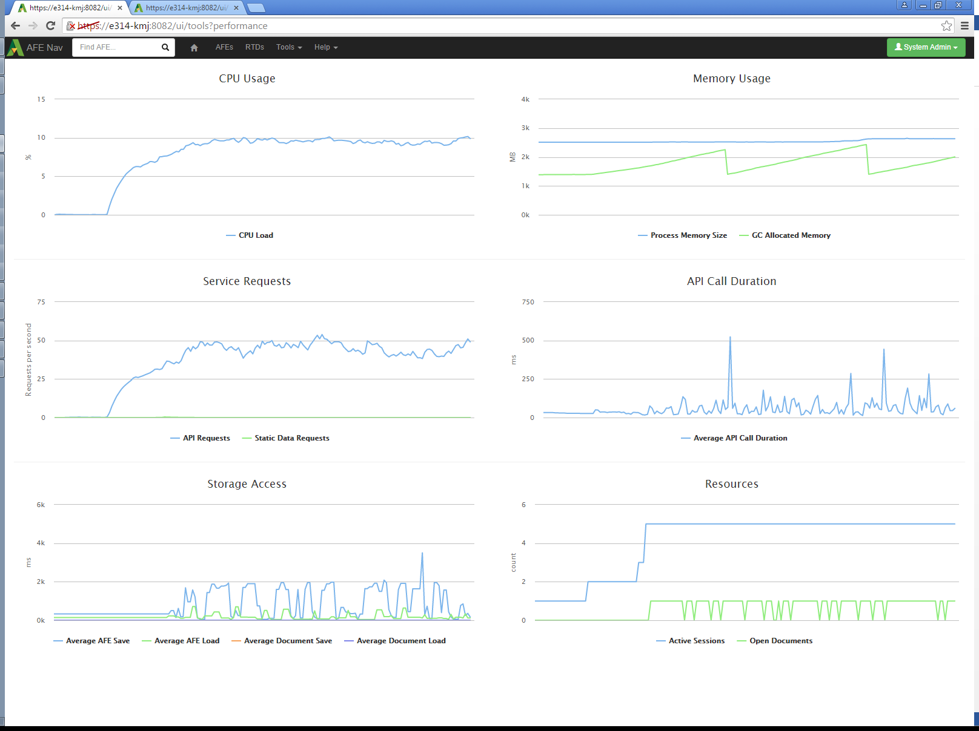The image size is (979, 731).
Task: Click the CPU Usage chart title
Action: [x=247, y=79]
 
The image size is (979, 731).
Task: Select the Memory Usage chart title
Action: [x=732, y=79]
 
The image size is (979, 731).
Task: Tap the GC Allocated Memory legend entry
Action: [x=791, y=235]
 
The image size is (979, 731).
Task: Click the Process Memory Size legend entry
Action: [x=688, y=235]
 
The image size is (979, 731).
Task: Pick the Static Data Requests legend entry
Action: [x=291, y=438]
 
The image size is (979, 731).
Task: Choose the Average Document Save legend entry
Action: [x=288, y=641]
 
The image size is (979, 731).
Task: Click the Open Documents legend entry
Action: [x=780, y=641]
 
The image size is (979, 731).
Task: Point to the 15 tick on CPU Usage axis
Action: [x=41, y=99]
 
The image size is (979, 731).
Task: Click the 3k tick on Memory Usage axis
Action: [x=525, y=128]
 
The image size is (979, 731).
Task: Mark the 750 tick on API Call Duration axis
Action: [x=528, y=302]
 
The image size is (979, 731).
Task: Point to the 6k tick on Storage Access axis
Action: [x=41, y=505]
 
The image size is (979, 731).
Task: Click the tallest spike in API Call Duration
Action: [x=730, y=338]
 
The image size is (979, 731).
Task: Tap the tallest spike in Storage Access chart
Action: [x=422, y=553]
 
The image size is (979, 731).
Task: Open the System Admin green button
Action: [x=926, y=47]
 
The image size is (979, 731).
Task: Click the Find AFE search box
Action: [x=118, y=47]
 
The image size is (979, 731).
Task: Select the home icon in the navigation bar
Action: [x=194, y=48]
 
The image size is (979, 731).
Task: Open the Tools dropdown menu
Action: [x=289, y=47]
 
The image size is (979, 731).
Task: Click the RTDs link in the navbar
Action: [x=254, y=47]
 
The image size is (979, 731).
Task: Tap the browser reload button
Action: [x=51, y=25]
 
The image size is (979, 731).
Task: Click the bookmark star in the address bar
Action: [x=946, y=25]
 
